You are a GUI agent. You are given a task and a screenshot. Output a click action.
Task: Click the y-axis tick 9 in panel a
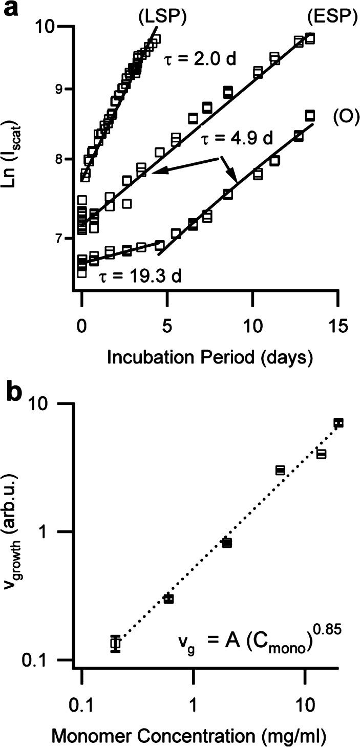click(65, 89)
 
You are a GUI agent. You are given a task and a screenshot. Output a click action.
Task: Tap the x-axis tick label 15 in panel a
click(336, 326)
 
